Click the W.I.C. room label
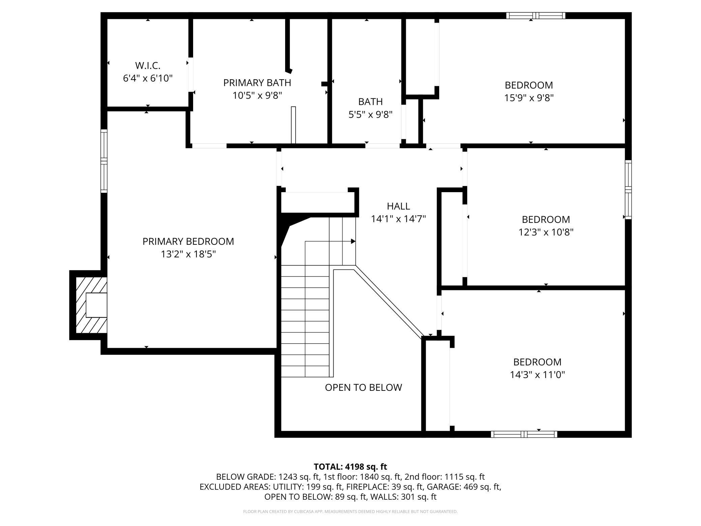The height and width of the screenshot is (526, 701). tap(148, 65)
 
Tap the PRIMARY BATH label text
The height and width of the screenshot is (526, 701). tap(257, 83)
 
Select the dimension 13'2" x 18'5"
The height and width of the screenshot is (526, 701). tap(188, 254)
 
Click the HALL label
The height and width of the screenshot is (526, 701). tap(398, 206)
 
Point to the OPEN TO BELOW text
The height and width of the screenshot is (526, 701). tap(363, 387)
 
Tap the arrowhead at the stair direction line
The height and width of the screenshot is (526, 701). tap(353, 241)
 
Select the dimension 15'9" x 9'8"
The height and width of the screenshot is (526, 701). tap(529, 98)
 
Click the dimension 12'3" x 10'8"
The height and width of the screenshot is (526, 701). tap(546, 232)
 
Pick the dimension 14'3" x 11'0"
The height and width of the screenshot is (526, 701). tap(537, 375)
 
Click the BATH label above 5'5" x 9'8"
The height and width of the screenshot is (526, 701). tap(370, 101)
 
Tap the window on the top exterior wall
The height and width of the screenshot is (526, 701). tap(536, 16)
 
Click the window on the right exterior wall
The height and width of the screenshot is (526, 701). tap(628, 189)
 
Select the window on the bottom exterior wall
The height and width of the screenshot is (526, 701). tap(524, 434)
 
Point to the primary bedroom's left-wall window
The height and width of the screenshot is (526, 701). tap(104, 161)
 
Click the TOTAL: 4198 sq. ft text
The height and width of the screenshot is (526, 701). tap(350, 467)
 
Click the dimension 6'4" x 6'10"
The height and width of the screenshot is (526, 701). tap(148, 78)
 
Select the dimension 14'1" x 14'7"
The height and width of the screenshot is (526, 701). tap(398, 219)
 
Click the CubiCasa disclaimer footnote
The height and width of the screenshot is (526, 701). tap(350, 512)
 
